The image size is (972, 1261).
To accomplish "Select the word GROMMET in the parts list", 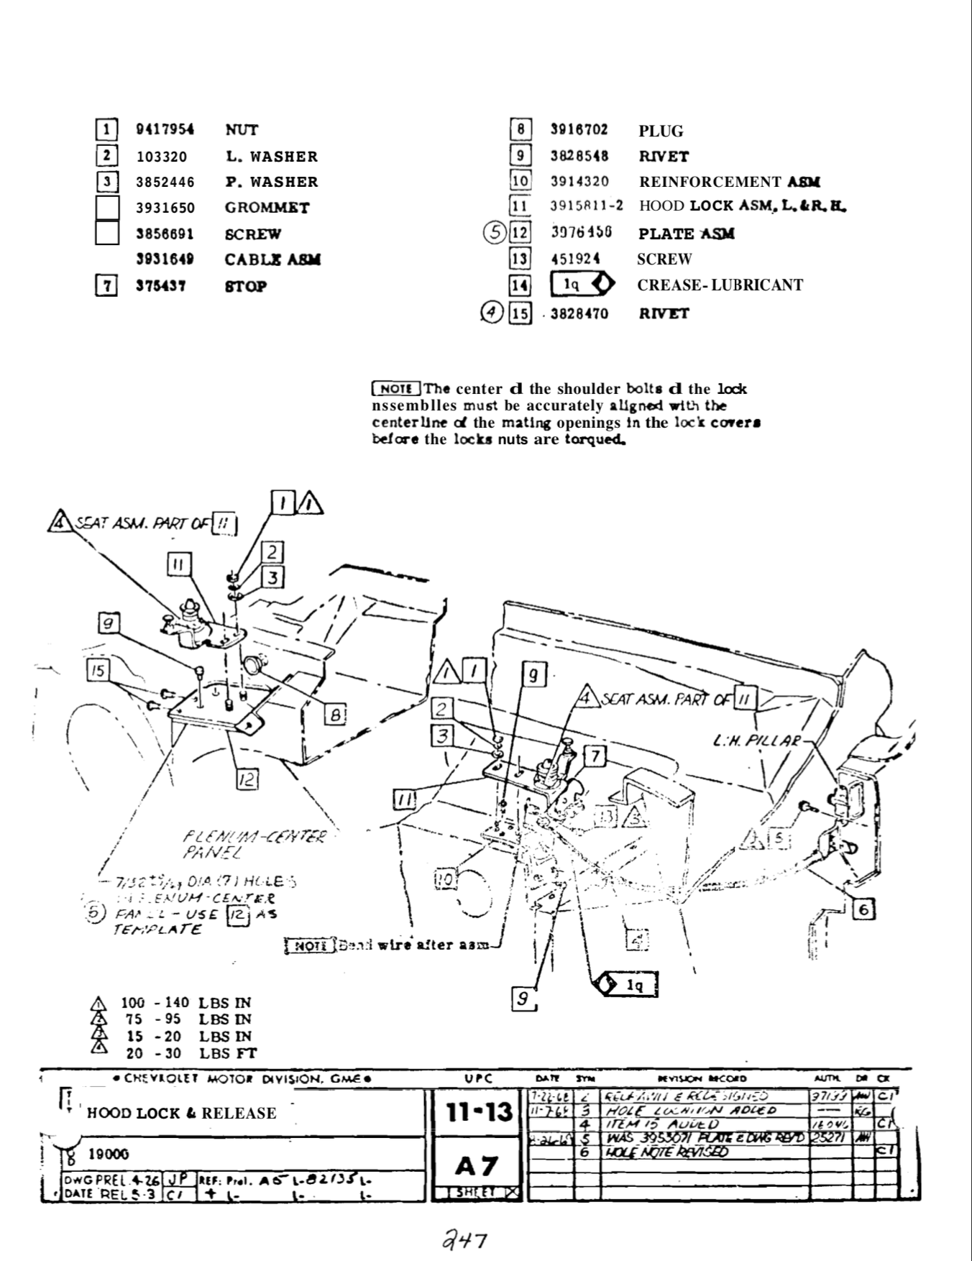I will click(x=267, y=208).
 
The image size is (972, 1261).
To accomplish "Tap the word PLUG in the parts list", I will click(x=661, y=131).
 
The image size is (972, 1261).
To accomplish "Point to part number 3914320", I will click(x=579, y=182).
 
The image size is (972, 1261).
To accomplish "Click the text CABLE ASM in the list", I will click(x=272, y=260).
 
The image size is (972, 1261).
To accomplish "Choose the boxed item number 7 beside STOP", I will click(x=106, y=286).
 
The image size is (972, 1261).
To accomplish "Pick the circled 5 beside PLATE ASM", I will click(x=495, y=234).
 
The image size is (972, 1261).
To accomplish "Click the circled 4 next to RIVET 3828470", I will click(x=492, y=313).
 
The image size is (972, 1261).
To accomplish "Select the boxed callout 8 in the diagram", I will click(x=335, y=715).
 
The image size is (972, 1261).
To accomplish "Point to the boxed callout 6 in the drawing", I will click(x=863, y=909).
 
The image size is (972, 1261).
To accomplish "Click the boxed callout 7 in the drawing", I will click(x=595, y=756).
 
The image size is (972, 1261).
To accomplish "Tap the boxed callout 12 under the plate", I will click(x=246, y=779).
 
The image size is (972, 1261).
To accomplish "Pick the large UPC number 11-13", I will click(x=479, y=1113).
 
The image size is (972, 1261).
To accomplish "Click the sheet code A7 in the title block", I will click(x=477, y=1165).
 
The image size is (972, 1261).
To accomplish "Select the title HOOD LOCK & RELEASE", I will click(x=181, y=1113).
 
